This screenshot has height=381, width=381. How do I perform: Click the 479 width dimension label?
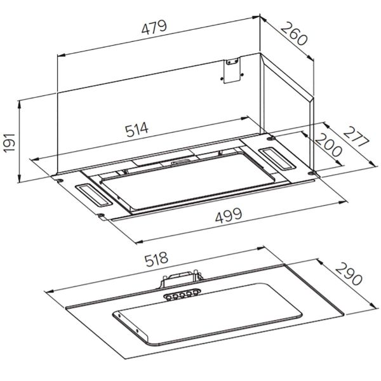tap(154, 27)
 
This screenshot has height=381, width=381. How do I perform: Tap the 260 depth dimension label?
tap(294, 34)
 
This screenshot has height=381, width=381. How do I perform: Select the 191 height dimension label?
tap(10, 143)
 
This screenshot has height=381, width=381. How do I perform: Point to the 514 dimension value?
tap(137, 130)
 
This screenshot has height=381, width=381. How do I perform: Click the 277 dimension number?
tap(356, 137)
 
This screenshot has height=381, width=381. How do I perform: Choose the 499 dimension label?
tap(229, 215)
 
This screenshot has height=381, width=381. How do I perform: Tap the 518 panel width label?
tap(156, 259)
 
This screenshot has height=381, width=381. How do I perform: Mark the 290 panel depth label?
tap(349, 274)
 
